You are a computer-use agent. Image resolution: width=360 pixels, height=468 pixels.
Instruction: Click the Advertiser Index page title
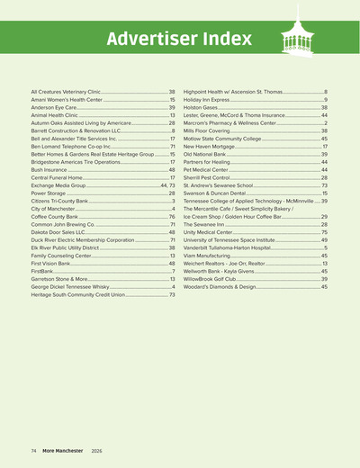pos(179,40)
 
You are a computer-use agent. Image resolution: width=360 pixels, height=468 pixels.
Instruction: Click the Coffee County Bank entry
pos(58,216)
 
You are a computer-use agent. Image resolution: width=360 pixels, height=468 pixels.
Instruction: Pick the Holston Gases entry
pos(203,107)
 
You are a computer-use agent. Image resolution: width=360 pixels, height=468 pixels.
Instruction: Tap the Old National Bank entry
pos(211,154)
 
